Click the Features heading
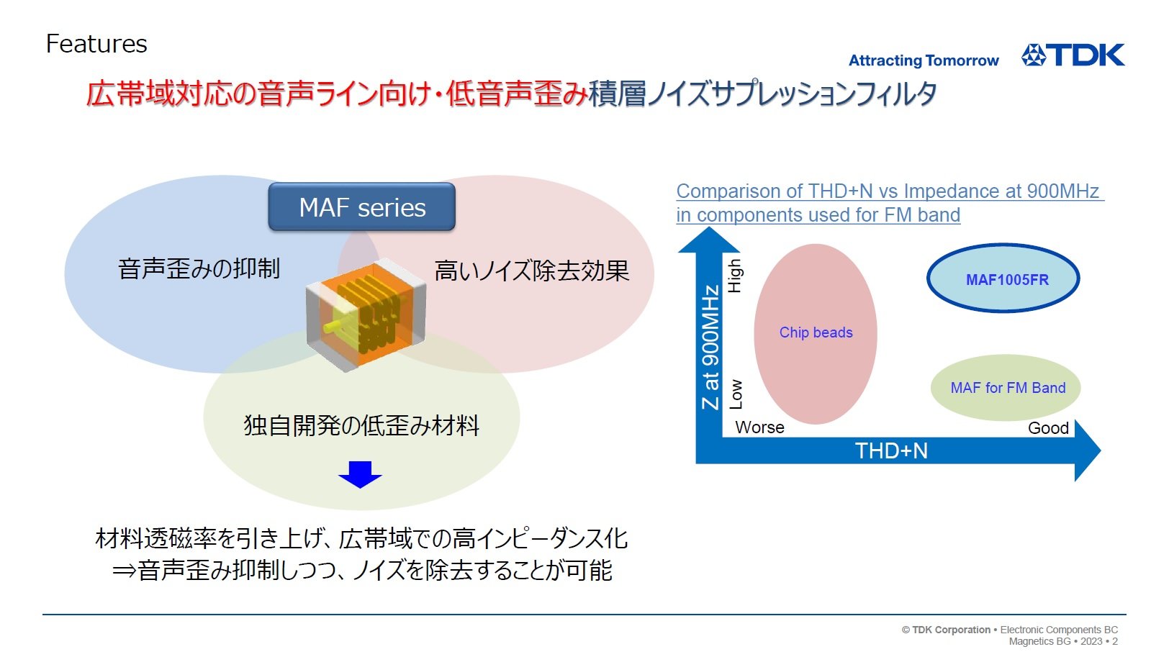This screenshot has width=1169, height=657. [x=96, y=44]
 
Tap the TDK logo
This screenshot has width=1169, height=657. [x=1073, y=55]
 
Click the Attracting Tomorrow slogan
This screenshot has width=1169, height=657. [x=924, y=61]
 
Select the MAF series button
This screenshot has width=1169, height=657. [x=361, y=207]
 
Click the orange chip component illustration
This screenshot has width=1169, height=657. [x=366, y=314]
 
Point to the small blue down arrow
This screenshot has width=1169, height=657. [x=360, y=474]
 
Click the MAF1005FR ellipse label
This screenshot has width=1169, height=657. [x=1007, y=280]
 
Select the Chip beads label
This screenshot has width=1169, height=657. [x=816, y=332]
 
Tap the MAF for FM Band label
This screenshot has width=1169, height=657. [x=1008, y=388]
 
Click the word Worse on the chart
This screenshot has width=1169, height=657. [x=759, y=427]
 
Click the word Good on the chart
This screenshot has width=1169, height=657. [x=1048, y=428]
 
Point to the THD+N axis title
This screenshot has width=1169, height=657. [x=891, y=451]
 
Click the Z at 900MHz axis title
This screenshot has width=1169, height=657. [x=710, y=347]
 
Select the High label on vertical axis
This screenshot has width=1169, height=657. [x=734, y=276]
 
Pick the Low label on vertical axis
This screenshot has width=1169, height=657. [x=735, y=394]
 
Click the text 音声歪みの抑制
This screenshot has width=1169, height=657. [x=199, y=268]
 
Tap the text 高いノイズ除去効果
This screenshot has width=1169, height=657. [x=532, y=271]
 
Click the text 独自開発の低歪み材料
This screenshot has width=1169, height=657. [x=361, y=425]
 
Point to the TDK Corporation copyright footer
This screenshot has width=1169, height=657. [x=1010, y=635]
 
